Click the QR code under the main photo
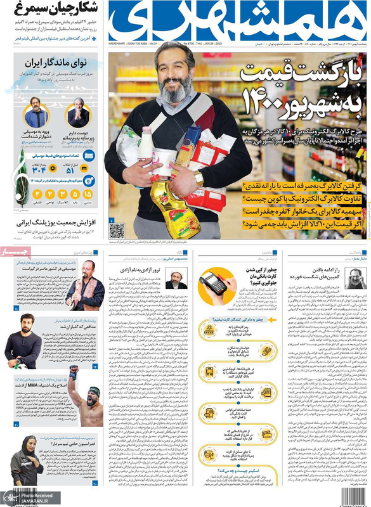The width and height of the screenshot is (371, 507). coord(116,229)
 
